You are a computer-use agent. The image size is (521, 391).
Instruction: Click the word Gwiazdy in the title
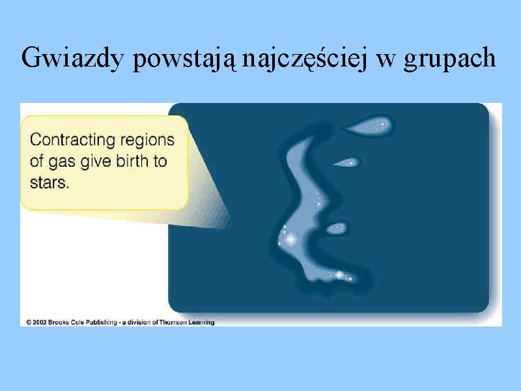(72, 58)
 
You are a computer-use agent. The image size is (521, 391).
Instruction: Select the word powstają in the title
(185, 59)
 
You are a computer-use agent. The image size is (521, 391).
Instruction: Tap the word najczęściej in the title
(304, 59)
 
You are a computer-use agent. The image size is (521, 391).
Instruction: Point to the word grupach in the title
(449, 59)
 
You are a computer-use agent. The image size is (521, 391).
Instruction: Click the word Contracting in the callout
(73, 139)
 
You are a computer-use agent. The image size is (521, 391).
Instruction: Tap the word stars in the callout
(49, 183)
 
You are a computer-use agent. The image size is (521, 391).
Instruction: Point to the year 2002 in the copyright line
(40, 322)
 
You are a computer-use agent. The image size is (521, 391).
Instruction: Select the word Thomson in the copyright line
(173, 322)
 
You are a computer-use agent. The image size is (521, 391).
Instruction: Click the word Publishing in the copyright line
(101, 323)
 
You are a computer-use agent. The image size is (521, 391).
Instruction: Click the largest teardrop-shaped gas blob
(369, 126)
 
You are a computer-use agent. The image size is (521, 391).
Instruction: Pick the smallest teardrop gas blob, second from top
(347, 162)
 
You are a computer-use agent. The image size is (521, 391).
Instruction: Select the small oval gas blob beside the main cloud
(337, 228)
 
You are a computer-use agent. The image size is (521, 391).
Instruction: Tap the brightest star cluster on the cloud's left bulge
(290, 239)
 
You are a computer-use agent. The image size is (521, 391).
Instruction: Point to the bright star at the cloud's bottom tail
(339, 275)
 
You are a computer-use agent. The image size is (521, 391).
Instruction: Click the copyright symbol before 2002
(29, 322)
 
